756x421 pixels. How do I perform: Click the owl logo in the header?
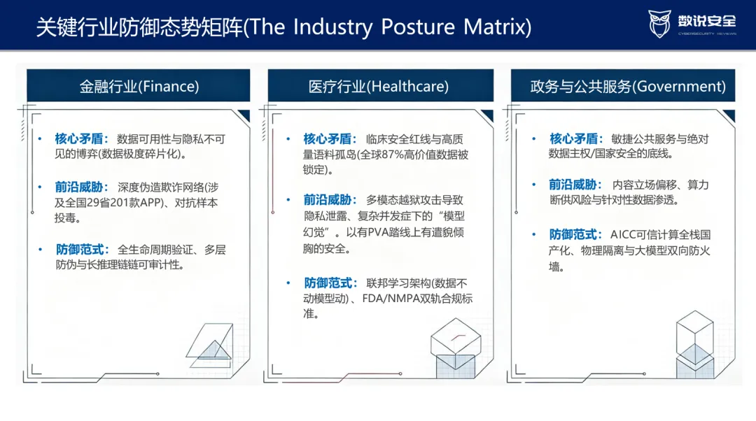click(659, 24)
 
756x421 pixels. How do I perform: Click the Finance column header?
click(139, 86)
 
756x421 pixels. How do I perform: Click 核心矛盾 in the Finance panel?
click(79, 138)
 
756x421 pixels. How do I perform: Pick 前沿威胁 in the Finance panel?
click(79, 187)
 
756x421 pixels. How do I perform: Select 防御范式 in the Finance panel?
click(80, 250)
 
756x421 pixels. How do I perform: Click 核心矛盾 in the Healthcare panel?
click(328, 138)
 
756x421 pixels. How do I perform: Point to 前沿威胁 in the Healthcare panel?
click(328, 200)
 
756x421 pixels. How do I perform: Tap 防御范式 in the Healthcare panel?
click(328, 283)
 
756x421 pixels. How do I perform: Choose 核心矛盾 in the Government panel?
click(574, 138)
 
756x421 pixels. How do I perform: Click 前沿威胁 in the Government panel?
click(573, 185)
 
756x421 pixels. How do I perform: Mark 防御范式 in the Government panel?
click(573, 234)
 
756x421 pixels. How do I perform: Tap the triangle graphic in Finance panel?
click(210, 345)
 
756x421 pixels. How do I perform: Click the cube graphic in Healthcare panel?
click(456, 348)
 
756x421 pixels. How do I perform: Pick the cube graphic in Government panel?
click(695, 344)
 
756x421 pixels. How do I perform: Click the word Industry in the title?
click(332, 27)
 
